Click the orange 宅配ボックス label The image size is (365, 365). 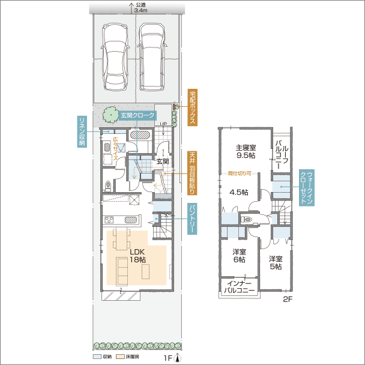[193, 107]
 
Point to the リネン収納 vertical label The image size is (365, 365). [82, 131]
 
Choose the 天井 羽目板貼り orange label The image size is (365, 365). [192, 173]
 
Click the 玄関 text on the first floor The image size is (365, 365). [163, 161]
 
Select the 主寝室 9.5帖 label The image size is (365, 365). [246, 151]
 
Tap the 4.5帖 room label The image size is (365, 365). [238, 192]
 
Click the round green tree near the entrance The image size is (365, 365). [109, 112]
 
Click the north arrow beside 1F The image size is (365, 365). [178, 358]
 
